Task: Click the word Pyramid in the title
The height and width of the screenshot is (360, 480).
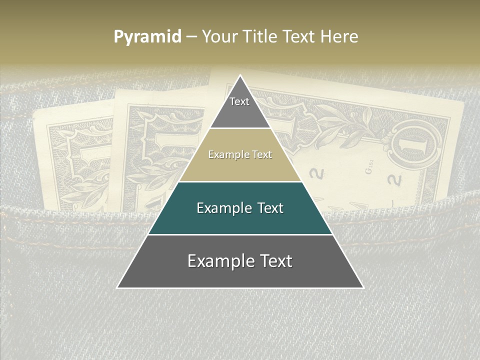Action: click(x=147, y=37)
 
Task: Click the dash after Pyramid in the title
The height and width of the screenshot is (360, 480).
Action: click(x=191, y=37)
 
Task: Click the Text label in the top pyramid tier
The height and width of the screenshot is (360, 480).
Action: click(x=239, y=101)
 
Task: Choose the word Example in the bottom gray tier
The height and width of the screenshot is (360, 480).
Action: click(x=220, y=261)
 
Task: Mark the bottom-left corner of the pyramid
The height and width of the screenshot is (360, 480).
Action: click(x=117, y=287)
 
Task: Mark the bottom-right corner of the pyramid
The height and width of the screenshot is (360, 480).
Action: click(x=363, y=287)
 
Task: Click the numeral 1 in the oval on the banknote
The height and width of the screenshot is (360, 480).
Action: click(x=417, y=145)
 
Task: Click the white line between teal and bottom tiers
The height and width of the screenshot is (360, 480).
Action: click(x=240, y=234)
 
